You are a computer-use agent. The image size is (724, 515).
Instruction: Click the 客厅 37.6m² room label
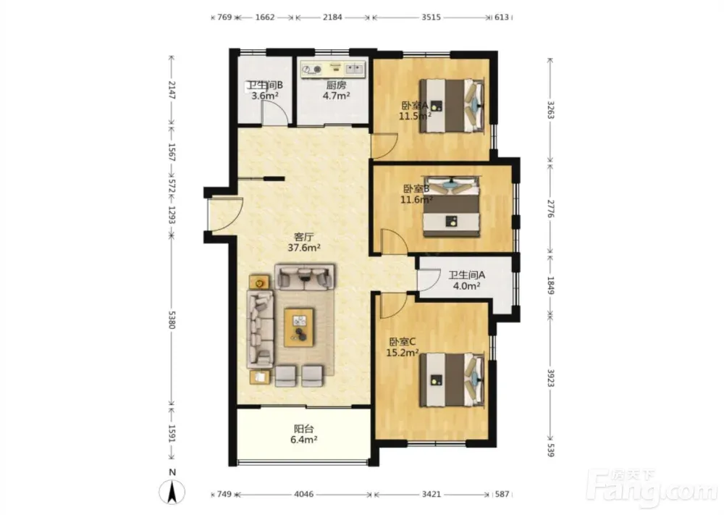click(x=304, y=242)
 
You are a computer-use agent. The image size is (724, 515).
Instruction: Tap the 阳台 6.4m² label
click(x=303, y=434)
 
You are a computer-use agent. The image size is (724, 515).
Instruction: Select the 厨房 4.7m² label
click(x=336, y=91)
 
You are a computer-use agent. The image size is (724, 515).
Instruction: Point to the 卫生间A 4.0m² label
click(x=466, y=280)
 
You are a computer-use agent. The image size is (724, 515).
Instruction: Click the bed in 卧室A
click(x=452, y=106)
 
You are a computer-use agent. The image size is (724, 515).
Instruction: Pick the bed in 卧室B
click(x=452, y=206)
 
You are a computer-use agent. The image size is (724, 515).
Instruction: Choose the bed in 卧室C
click(x=452, y=380)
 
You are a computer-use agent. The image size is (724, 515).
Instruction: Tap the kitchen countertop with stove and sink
click(x=333, y=70)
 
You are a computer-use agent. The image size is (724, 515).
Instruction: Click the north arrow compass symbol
click(x=172, y=491)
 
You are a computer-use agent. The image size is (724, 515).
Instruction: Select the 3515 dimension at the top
click(x=431, y=17)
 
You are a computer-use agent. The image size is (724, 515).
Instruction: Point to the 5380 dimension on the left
click(x=172, y=320)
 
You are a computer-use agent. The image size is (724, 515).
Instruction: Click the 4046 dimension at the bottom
click(x=303, y=494)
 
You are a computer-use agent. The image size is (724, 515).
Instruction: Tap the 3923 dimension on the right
click(x=550, y=377)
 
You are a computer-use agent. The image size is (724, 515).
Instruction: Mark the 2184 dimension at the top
click(x=332, y=17)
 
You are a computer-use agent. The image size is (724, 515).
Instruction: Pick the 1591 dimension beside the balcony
click(x=172, y=434)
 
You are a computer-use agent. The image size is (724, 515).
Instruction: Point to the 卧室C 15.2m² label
click(x=402, y=348)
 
